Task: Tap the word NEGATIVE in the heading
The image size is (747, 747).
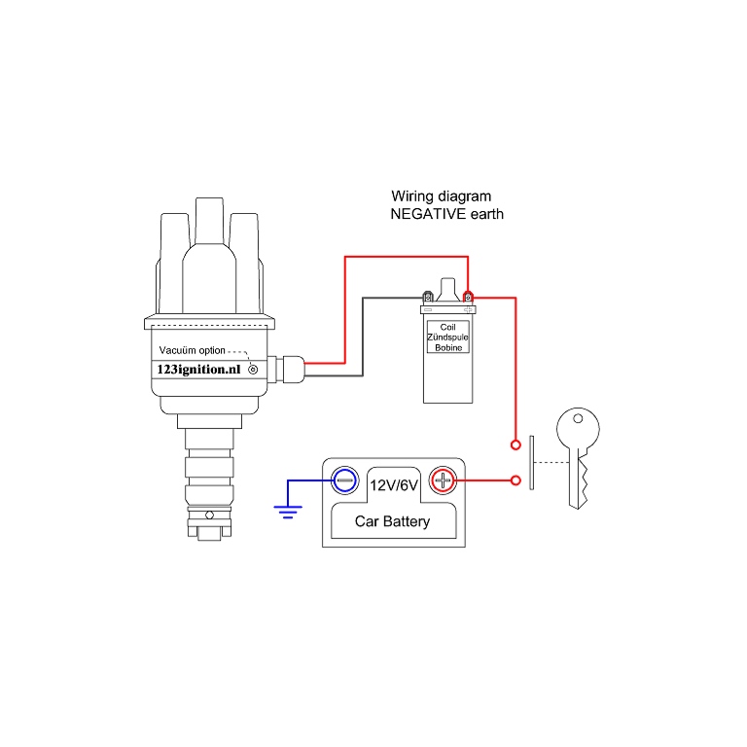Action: point(426,214)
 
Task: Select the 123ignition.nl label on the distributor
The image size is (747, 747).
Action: point(198,369)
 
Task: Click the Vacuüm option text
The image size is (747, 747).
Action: point(192,350)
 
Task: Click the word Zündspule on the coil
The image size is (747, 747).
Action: point(447,337)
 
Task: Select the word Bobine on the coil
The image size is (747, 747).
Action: point(447,347)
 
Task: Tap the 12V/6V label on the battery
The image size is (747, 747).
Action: point(393,481)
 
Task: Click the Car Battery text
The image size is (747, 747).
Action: point(392,522)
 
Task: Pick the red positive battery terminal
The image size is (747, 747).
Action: point(443,480)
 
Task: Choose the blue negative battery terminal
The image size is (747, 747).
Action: point(343,480)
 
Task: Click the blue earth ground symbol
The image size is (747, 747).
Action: point(287,510)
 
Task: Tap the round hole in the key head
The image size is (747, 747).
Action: point(579,421)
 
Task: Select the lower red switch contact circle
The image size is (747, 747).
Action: point(515,480)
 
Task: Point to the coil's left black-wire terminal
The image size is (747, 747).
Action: point(427,296)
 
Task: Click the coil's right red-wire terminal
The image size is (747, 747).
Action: point(468,296)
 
